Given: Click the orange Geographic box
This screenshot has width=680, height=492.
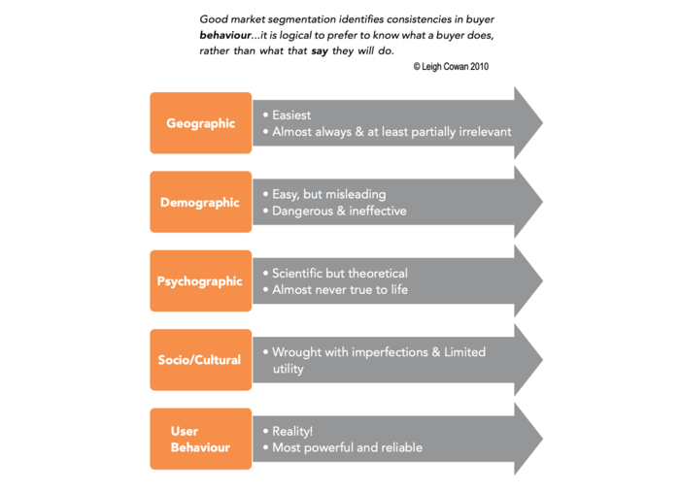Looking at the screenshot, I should [200, 123].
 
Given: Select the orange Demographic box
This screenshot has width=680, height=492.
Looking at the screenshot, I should [200, 202].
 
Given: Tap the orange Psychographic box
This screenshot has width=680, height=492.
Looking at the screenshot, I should [200, 281].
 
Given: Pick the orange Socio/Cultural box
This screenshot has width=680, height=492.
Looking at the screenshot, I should [200, 360].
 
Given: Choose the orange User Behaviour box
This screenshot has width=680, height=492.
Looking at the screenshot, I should [200, 440].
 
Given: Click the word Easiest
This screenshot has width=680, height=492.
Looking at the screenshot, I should [291, 115].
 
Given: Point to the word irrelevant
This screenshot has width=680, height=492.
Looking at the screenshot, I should [477, 131].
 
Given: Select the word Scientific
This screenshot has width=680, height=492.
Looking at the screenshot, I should [302, 274].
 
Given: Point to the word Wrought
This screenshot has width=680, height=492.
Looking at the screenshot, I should [298, 352].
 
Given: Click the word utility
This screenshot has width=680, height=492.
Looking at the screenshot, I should [288, 369].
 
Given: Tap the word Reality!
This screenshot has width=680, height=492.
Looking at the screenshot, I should [293, 431].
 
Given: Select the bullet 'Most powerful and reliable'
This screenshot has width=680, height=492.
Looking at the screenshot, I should [347, 447].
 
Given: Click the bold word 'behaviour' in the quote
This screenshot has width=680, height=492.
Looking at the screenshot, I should [226, 35].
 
